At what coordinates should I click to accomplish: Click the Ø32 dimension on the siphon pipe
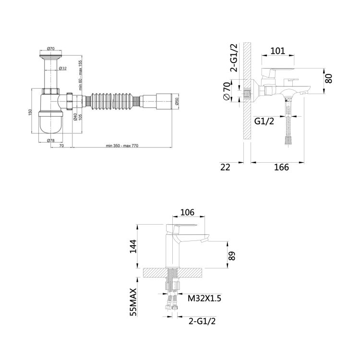tap(62, 69)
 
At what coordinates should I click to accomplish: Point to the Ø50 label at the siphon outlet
tap(177, 102)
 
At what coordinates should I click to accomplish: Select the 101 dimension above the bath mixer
tap(278, 49)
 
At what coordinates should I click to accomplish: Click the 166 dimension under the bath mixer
tap(281, 167)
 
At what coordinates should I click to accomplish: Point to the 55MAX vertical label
tap(134, 301)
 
